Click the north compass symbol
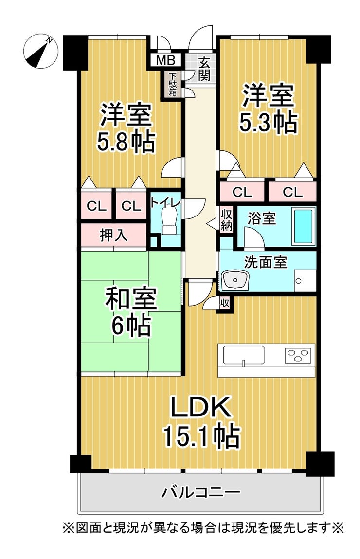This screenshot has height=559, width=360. tap(41, 52)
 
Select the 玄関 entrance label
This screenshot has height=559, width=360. tap(204, 69)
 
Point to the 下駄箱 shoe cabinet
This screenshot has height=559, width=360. tap(173, 84)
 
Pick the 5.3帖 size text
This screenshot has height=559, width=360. tap(268, 123)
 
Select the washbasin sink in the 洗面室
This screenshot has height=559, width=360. tap(235, 280)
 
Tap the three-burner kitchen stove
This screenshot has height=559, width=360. tap(298, 356)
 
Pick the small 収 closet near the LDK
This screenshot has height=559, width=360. tap(225, 304)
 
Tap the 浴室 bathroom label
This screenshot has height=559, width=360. tap(262, 218)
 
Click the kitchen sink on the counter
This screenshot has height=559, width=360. tap(244, 355)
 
